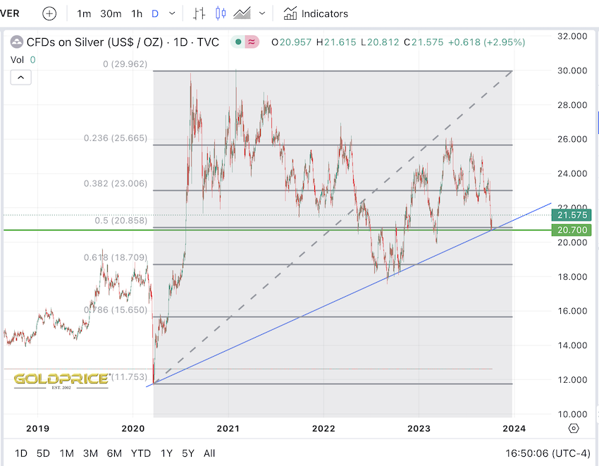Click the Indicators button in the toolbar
tap(316, 13)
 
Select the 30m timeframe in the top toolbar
tap(111, 13)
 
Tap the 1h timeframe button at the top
tap(137, 13)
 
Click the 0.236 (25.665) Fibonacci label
tap(115, 138)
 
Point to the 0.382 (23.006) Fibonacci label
tap(115, 183)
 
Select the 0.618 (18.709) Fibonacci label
tap(115, 258)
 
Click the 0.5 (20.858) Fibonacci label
tap(121, 221)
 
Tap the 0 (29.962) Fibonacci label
tap(125, 63)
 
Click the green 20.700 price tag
tap(572, 230)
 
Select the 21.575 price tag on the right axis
tap(572, 215)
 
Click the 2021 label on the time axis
tap(228, 428)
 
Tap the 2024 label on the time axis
tap(512, 428)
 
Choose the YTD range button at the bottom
tap(141, 453)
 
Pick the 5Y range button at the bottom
tap(188, 453)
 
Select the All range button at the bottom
tap(209, 453)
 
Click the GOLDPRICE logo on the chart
tap(61, 379)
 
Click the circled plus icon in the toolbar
tap(49, 13)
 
